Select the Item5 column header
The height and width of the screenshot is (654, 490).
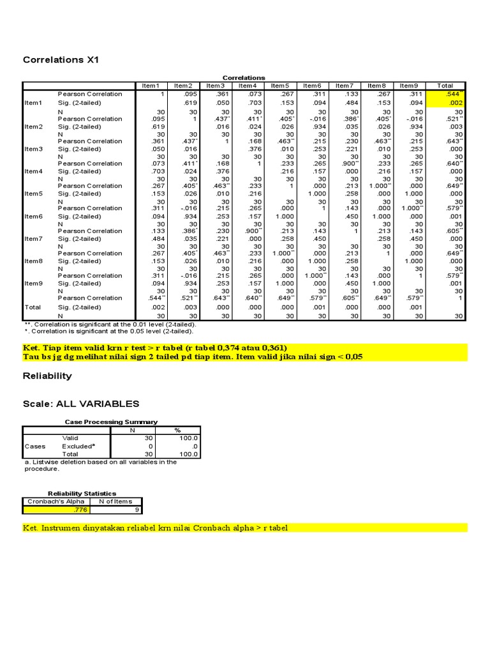pos(279,86)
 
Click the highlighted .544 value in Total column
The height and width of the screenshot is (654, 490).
pos(455,94)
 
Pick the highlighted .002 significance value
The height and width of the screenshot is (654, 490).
pos(455,103)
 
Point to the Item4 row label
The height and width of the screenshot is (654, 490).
pos(33,171)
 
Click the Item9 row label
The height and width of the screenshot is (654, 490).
pos(33,283)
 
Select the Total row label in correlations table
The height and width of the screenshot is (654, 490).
pos(32,307)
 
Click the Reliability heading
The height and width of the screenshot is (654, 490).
pos(47,376)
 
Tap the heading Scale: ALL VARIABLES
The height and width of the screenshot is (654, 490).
pos(80,404)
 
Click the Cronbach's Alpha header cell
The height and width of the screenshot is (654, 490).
pos(56,501)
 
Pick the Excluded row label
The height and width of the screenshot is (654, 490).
pos(77,446)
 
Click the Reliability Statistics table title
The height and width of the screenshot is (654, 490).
pos(82,493)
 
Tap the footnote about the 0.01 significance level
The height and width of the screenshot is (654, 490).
pos(110,324)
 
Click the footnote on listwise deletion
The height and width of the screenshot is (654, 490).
pos(100,465)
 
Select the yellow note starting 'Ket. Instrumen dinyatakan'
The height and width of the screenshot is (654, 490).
pos(160,528)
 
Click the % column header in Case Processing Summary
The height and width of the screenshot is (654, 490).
pos(177,430)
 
